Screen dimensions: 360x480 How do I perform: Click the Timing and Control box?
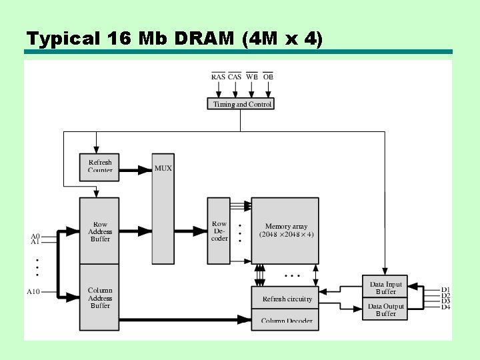(241, 104)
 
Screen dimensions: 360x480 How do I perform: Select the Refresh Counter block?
(100, 165)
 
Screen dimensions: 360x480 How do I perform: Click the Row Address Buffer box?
(100, 231)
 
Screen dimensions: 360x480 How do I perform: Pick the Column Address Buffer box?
(100, 297)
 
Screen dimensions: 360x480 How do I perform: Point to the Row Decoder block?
(219, 231)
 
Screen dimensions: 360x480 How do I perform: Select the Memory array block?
(285, 231)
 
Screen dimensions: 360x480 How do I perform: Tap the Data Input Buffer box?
(385, 287)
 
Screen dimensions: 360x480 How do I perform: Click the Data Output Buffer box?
(385, 309)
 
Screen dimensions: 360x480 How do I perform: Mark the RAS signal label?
(218, 77)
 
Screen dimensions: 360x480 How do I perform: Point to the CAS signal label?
(235, 77)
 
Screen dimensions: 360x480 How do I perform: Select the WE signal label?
(251, 77)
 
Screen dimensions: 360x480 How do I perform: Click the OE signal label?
(268, 77)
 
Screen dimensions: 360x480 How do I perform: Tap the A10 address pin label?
(33, 292)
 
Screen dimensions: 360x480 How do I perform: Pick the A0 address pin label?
(35, 236)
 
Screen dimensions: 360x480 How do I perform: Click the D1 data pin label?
(445, 290)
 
